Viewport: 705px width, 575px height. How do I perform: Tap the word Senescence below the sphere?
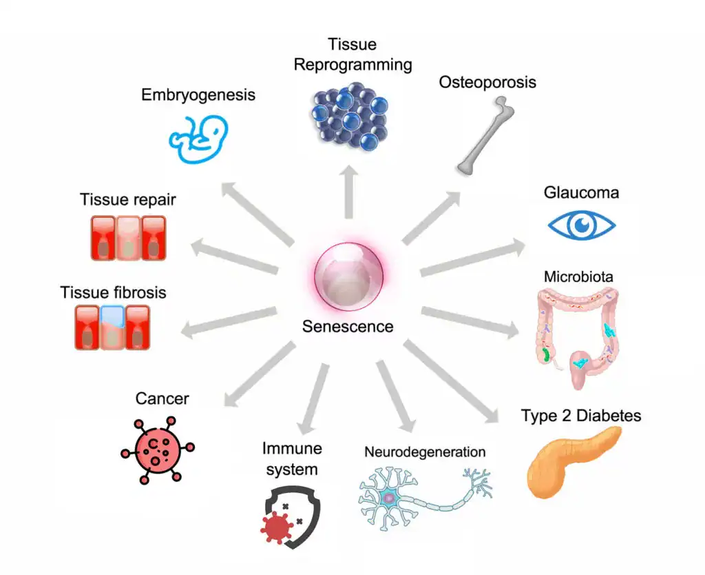coord(348,326)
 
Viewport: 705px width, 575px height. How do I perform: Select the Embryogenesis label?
coord(198,94)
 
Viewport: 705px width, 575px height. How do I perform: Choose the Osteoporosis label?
coord(487,83)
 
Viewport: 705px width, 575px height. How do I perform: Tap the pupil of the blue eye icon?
coord(582,225)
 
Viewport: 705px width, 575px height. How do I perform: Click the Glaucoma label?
coord(581,192)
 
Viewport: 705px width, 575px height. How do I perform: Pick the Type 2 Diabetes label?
coord(581,416)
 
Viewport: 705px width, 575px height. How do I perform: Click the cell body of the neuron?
coord(389,497)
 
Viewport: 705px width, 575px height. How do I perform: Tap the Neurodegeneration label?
coord(425,452)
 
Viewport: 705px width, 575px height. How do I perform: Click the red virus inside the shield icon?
coord(277,527)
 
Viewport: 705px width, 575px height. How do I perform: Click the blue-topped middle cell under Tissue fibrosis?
coord(111,326)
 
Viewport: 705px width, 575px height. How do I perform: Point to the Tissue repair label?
coord(128,200)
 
